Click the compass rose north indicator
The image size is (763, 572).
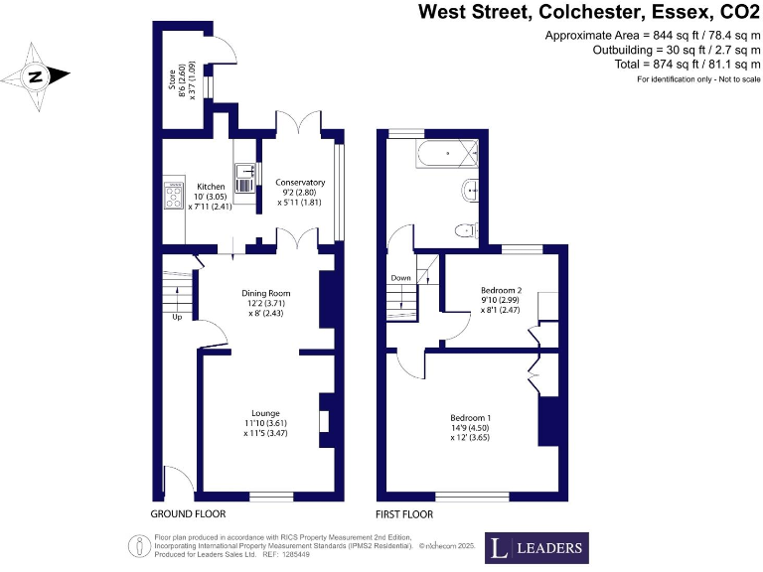pos(36,76)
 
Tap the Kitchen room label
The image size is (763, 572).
pos(211,187)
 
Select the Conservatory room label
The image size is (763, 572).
pos(300,183)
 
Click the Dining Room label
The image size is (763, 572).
pos(265,293)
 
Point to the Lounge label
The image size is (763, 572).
pos(265,413)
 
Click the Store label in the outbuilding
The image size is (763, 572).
pos(170,75)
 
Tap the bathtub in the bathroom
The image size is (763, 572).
pos(447,153)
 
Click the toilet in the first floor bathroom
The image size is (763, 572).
pos(464,230)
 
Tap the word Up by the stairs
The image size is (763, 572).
pos(178,318)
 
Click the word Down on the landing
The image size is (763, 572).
pos(400,278)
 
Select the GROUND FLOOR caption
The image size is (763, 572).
pos(188,514)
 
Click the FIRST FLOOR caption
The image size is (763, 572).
pos(404,514)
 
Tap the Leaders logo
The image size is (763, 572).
pos(535,547)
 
